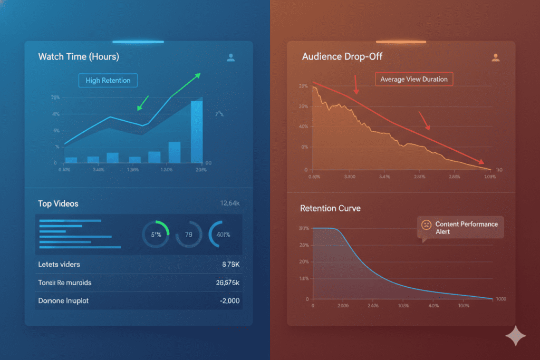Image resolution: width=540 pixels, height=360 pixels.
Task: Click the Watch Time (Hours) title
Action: pyautogui.click(x=79, y=56)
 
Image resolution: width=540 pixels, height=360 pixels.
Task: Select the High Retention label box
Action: pyautogui.click(x=108, y=80)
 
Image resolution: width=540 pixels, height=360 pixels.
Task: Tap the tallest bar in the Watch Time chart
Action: pyautogui.click(x=196, y=131)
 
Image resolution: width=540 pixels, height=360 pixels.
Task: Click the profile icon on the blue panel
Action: pyautogui.click(x=230, y=57)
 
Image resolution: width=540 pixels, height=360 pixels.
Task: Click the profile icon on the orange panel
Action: pyautogui.click(x=495, y=57)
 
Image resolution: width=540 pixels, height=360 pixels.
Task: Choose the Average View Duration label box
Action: pyautogui.click(x=413, y=79)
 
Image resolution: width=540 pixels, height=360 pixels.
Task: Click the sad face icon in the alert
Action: pyautogui.click(x=425, y=225)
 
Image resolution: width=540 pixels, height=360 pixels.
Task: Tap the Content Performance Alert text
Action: pyautogui.click(x=466, y=228)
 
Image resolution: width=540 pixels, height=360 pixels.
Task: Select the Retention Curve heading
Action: pyautogui.click(x=330, y=208)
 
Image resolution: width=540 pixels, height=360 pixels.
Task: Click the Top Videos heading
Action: pyautogui.click(x=58, y=203)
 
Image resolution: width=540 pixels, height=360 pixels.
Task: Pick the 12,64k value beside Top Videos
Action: pyautogui.click(x=229, y=203)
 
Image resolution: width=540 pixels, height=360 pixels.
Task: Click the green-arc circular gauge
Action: pyautogui.click(x=156, y=234)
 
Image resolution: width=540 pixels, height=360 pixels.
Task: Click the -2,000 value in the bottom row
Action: pyautogui.click(x=229, y=300)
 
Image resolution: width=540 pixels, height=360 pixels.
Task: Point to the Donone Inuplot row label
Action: pyautogui.click(x=63, y=300)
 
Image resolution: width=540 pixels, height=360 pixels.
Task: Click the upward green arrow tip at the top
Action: pyautogui.click(x=199, y=74)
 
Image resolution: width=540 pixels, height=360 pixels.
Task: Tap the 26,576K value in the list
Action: pyautogui.click(x=228, y=283)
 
